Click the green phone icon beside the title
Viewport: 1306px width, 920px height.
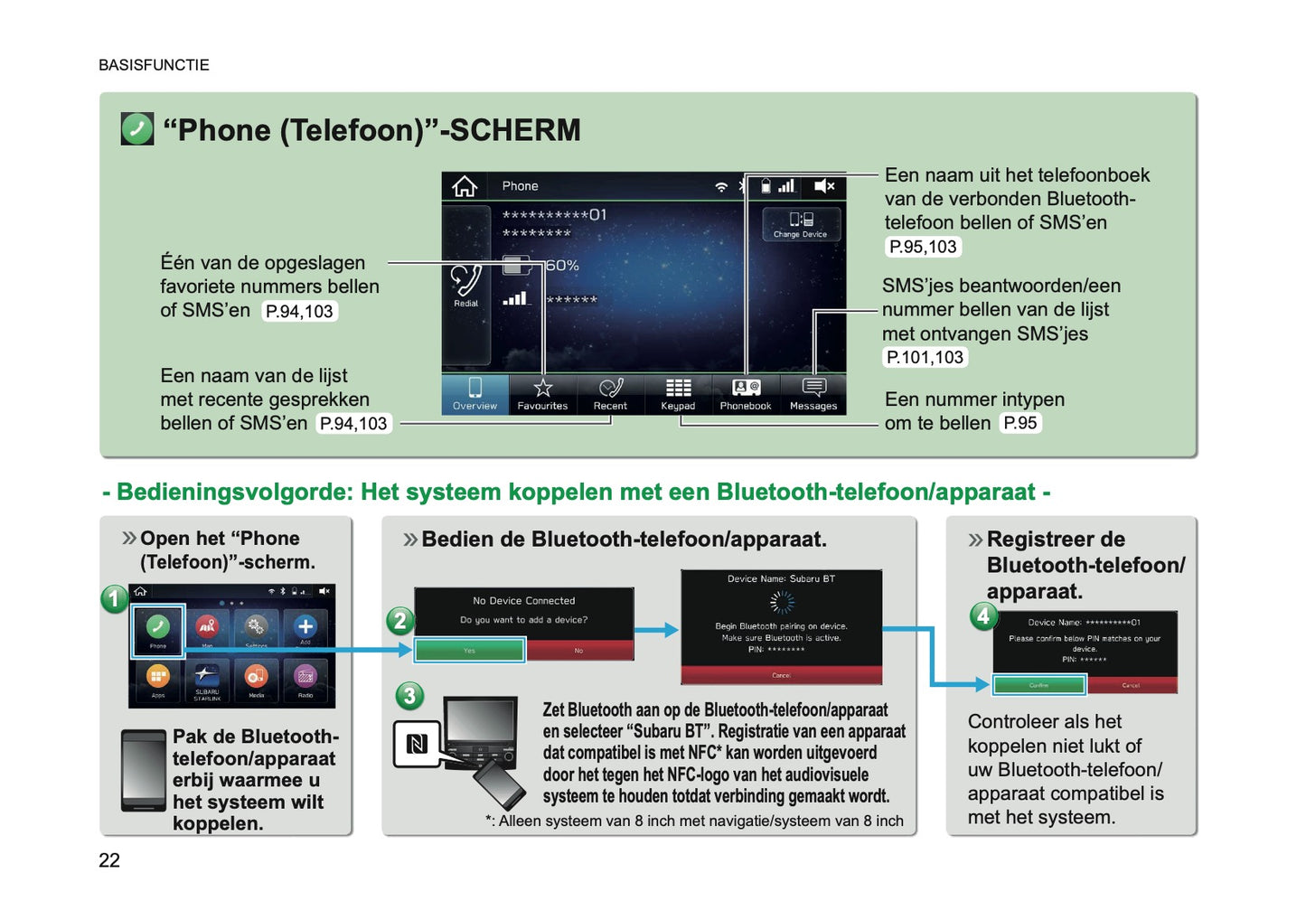pyautogui.click(x=137, y=129)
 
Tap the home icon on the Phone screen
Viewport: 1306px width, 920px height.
pyautogui.click(x=465, y=186)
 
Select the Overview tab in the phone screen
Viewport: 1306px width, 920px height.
pyautogui.click(x=474, y=395)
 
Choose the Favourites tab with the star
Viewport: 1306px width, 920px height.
pyautogui.click(x=542, y=395)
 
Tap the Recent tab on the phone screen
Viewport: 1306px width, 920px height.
pyautogui.click(x=610, y=395)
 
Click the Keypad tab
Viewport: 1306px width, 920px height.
pyautogui.click(x=678, y=395)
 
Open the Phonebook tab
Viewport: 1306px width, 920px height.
pyautogui.click(x=746, y=395)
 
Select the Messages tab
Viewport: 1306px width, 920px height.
pyautogui.click(x=813, y=395)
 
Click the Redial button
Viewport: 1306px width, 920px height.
pyautogui.click(x=466, y=286)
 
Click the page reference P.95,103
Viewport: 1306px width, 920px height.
pyautogui.click(x=923, y=247)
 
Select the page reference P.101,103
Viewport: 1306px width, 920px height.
pyautogui.click(x=925, y=357)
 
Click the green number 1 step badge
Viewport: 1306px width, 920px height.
pyautogui.click(x=114, y=598)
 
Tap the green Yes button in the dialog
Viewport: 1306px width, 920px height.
pyautogui.click(x=469, y=650)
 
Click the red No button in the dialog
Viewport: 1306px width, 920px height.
pyautogui.click(x=578, y=650)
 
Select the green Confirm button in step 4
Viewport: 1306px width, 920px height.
pyautogui.click(x=1038, y=685)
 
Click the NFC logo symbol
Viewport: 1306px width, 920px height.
pyautogui.click(x=417, y=744)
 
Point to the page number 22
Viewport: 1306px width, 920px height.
pyautogui.click(x=109, y=860)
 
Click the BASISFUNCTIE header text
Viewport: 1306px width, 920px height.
pyautogui.click(x=154, y=65)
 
